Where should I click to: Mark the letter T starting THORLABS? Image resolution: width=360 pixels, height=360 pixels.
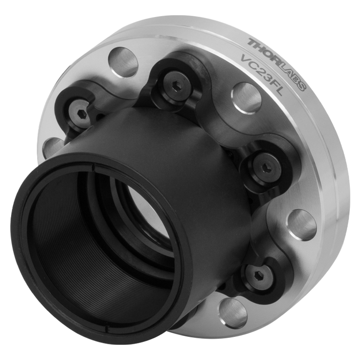pyautogui.click(x=252, y=42)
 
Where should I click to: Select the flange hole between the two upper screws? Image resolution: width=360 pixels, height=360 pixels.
pyautogui.click(x=123, y=62)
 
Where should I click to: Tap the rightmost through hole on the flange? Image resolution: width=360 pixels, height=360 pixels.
pyautogui.click(x=301, y=225)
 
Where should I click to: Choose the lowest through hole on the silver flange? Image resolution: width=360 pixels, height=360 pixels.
pyautogui.click(x=233, y=312)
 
